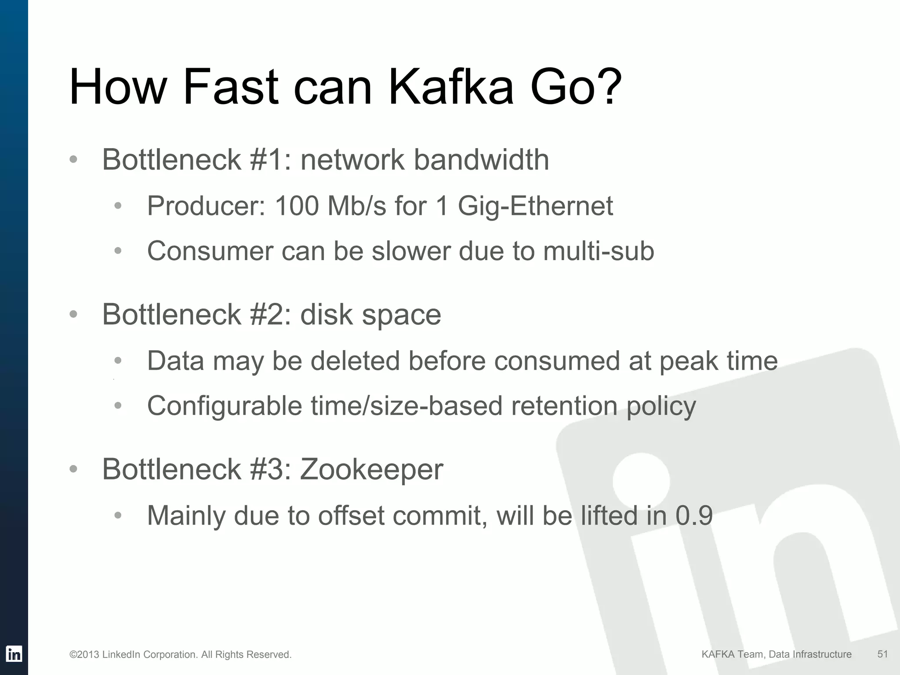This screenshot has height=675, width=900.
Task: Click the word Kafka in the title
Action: (451, 87)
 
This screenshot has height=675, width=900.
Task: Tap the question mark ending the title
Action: (606, 87)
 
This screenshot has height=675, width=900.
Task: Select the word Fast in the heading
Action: (230, 87)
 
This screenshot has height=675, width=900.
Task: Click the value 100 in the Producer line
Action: (296, 206)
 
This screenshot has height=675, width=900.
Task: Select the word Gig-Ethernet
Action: (535, 207)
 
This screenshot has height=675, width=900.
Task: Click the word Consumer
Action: (210, 251)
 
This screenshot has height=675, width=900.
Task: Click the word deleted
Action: (355, 361)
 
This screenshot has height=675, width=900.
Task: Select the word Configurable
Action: (225, 406)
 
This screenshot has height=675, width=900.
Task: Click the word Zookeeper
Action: (371, 470)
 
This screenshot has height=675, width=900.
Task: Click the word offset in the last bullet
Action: (351, 515)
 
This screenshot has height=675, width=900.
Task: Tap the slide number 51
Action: (882, 654)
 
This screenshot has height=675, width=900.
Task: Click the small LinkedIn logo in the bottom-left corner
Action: (14, 654)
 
